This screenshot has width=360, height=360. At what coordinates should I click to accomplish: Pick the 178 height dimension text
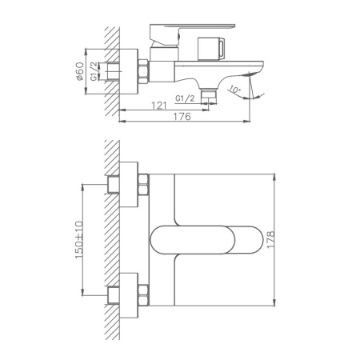pos(283,240)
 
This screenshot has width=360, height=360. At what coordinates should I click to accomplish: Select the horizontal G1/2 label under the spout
pos(184,98)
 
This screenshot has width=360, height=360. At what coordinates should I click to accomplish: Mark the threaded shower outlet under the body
pos(210,94)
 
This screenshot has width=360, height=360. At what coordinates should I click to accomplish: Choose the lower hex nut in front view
pos(143,292)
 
